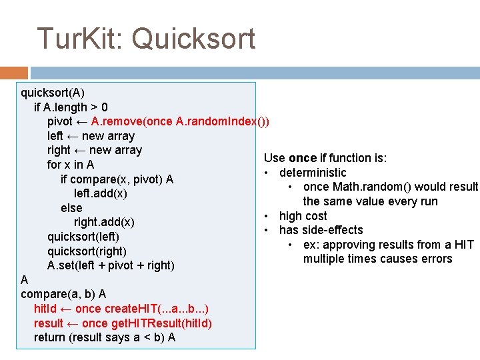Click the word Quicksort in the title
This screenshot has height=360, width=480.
[x=193, y=39]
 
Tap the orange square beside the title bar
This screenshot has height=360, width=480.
[x=14, y=72]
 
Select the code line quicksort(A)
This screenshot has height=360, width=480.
[x=53, y=92]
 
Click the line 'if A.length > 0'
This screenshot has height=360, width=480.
[x=71, y=107]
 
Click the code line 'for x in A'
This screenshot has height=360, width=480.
[x=71, y=165]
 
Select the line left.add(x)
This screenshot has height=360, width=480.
[x=101, y=193]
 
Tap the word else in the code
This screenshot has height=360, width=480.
[x=71, y=208]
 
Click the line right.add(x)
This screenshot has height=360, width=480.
[x=104, y=222]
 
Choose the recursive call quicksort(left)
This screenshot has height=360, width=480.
[x=83, y=237]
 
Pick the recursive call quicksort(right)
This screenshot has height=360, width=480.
[x=87, y=251]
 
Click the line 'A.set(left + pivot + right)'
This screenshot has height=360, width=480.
[x=111, y=265]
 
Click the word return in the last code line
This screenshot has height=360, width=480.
[x=50, y=337]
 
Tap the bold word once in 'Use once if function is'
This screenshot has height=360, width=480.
[x=303, y=158]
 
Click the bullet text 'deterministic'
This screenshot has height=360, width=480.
[x=313, y=173]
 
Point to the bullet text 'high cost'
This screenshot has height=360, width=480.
[x=303, y=216]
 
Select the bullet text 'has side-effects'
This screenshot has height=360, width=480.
[x=321, y=230]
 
